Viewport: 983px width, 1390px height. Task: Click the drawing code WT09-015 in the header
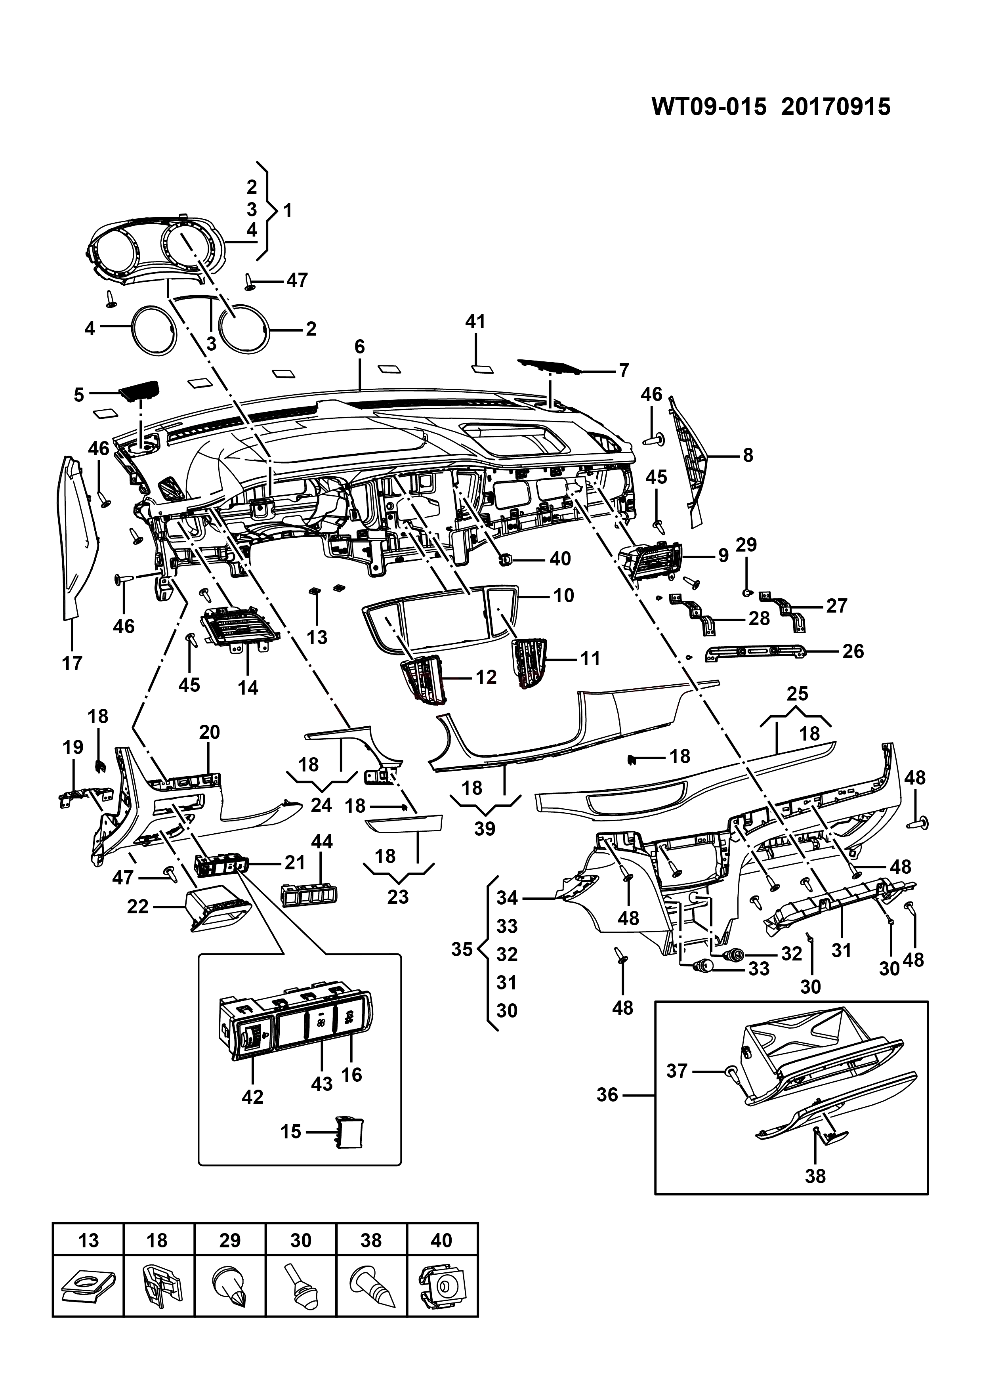[709, 107]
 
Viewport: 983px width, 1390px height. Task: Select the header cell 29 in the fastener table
[230, 1253]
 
